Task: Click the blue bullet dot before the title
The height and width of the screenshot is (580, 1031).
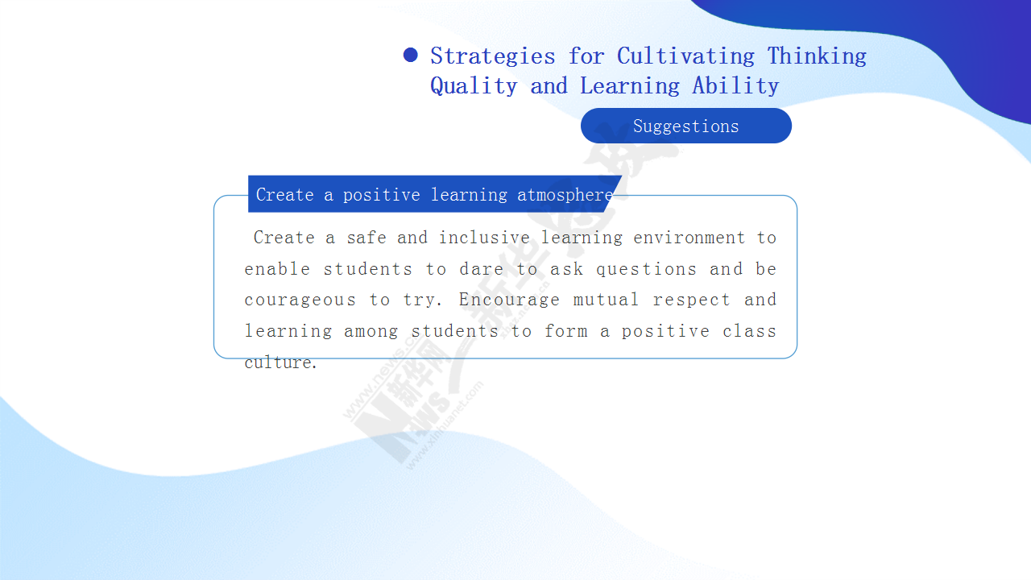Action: point(410,55)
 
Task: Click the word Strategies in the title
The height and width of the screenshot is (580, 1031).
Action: point(493,56)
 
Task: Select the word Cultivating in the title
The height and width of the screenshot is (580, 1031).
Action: point(685,56)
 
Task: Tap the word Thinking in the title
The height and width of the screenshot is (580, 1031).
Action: point(817,56)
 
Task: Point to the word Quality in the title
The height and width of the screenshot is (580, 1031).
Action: point(474,86)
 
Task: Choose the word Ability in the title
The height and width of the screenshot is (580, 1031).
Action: point(735,85)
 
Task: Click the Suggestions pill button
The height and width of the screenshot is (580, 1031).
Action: point(685,126)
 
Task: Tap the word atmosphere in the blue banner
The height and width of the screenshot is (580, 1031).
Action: point(565,195)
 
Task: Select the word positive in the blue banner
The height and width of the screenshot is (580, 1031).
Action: point(382,195)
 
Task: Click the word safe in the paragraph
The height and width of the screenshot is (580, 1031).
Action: point(366,238)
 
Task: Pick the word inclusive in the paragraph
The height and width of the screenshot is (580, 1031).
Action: point(484,238)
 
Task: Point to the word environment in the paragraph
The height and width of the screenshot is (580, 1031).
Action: point(689,238)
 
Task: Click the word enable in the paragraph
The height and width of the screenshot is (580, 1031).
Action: point(277,269)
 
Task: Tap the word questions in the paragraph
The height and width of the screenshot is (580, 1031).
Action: point(646,270)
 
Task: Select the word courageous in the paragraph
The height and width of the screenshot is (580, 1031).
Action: point(300,300)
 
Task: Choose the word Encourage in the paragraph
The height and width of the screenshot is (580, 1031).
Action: point(509,300)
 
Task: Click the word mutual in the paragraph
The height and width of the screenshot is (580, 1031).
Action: point(607,300)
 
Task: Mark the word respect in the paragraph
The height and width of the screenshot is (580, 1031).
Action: point(691,300)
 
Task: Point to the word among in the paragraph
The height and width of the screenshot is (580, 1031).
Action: point(371,331)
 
